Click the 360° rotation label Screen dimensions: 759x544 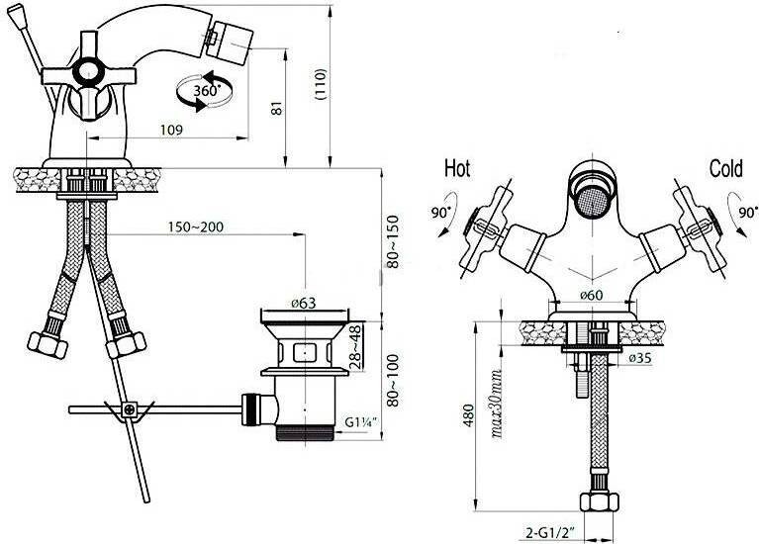(207, 90)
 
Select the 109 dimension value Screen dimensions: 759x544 (171, 130)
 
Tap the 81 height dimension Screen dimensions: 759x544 (276, 108)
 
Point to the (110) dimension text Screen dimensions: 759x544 (321, 84)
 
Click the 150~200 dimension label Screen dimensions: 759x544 (196, 227)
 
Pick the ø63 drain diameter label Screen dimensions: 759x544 (304, 303)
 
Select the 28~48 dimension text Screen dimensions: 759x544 (356, 347)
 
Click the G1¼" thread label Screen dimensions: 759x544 (360, 422)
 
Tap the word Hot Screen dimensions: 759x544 (457, 168)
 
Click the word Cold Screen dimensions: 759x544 (725, 169)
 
